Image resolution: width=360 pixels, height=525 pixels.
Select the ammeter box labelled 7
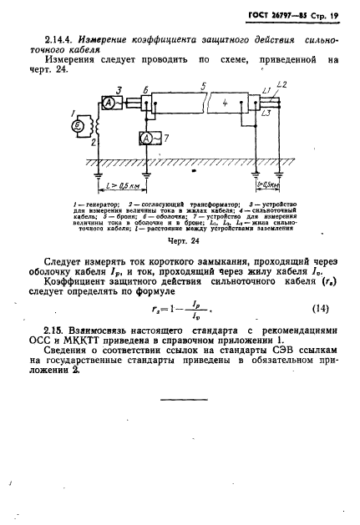tap(149, 136)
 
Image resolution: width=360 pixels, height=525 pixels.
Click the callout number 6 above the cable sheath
tap(148, 88)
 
